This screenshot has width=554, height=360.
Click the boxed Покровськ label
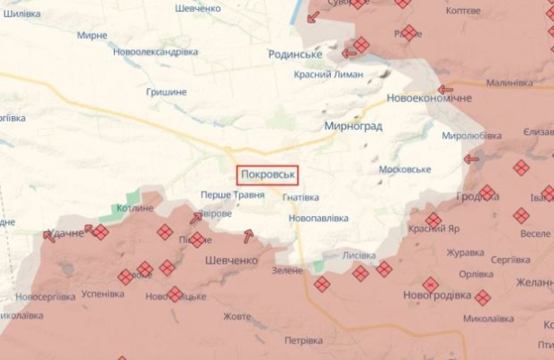[x=267, y=174]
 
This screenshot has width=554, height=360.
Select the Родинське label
[x=295, y=54]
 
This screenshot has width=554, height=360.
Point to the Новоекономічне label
[x=428, y=98]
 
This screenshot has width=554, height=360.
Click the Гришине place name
[x=166, y=92]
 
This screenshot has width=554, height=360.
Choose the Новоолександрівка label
[x=156, y=51]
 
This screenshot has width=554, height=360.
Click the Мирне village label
[x=93, y=35]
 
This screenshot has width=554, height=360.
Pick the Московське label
[x=405, y=169]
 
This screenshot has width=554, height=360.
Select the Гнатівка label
[x=300, y=197]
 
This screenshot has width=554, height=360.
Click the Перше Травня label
[x=232, y=194]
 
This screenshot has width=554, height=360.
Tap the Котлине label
[x=135, y=208]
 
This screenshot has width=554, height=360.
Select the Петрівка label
[x=303, y=341]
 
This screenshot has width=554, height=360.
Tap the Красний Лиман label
[x=335, y=76]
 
